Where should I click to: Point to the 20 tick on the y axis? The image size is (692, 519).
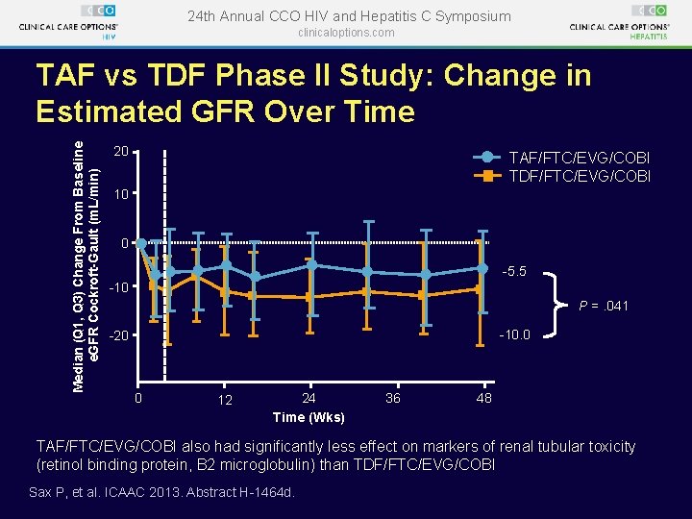pos(136,152)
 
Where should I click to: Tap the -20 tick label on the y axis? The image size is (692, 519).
pos(117,335)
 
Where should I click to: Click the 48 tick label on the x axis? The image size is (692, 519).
pos(484,399)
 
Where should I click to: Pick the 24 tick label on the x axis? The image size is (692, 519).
pos(309,399)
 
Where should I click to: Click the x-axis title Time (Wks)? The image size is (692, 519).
pos(309,417)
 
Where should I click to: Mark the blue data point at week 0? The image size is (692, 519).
pos(140,243)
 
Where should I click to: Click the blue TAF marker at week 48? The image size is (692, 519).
pos(482,268)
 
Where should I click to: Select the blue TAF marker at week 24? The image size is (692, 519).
pos(311,265)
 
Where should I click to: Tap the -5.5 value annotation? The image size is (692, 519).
pos(514,271)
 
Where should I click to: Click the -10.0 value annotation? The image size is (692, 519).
pos(514,335)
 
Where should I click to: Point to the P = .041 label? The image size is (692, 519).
pos(604,306)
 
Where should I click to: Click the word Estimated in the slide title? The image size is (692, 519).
pos(109,111)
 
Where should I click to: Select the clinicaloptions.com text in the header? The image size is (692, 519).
pos(346,33)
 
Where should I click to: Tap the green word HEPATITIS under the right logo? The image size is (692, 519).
pos(649,37)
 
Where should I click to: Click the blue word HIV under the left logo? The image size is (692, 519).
pos(109,37)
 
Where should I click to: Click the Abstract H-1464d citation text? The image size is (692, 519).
pos(240,492)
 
